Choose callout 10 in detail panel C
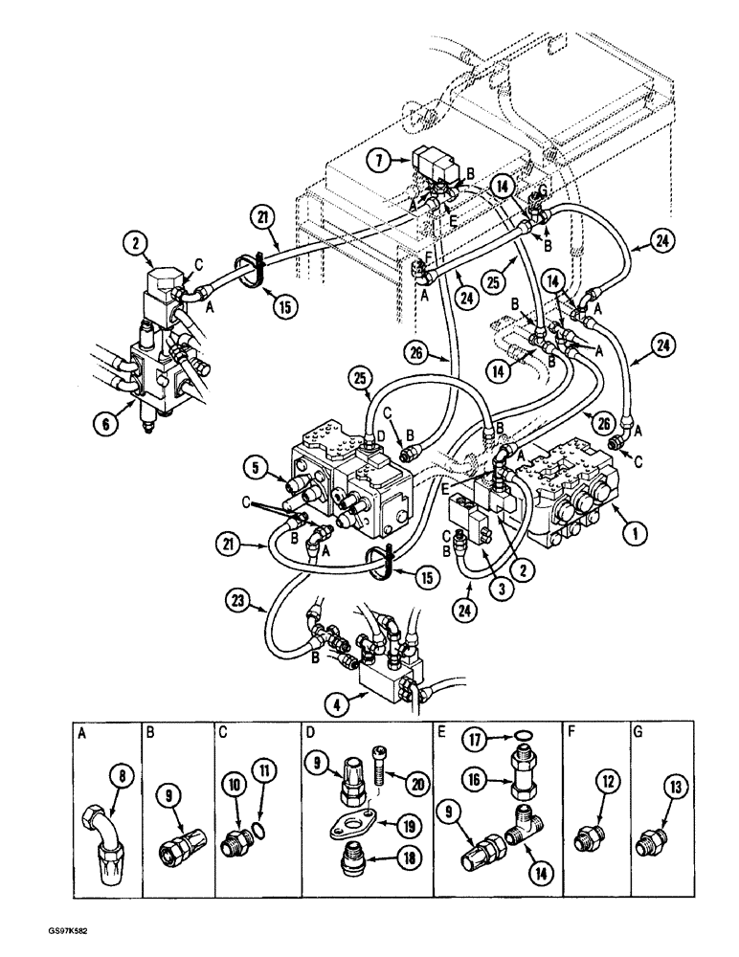point(234,786)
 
